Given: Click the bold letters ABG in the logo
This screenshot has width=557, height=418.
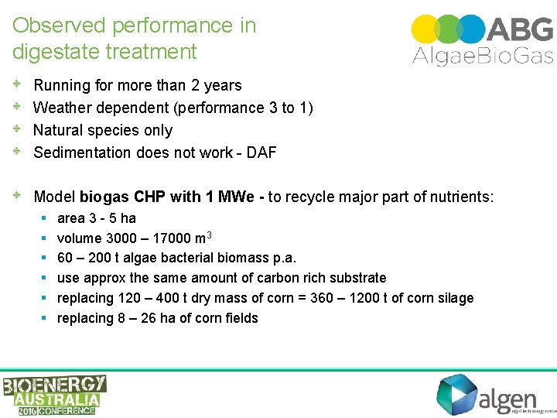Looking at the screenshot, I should tap(521, 29).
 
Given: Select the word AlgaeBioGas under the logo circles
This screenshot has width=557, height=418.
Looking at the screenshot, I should tap(482, 55).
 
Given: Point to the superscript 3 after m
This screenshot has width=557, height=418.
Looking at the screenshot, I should tap(210, 235).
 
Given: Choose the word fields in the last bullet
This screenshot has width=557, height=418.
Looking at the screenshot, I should tap(240, 318).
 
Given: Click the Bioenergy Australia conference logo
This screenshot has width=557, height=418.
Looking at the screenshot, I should tap(54, 395).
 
